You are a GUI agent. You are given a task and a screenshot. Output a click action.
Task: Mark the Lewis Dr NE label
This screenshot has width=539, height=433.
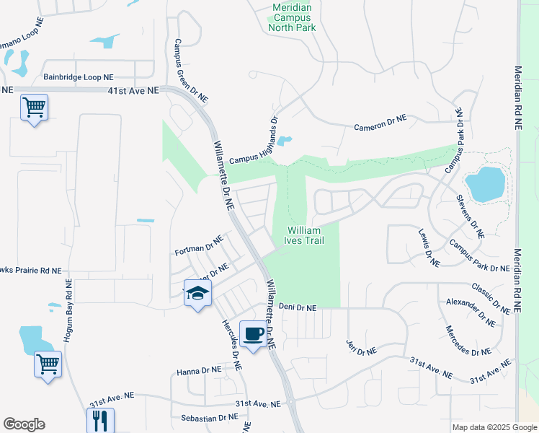(x=429, y=248)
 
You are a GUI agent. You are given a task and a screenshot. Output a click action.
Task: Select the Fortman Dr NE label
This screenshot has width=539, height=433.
(x=199, y=247)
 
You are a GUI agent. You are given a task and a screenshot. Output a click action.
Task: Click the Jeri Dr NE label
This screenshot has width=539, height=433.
(x=361, y=346)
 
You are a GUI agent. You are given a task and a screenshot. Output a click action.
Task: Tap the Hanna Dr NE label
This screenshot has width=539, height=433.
(x=198, y=371)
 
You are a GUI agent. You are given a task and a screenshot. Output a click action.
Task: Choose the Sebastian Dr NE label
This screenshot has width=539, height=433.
(x=208, y=417)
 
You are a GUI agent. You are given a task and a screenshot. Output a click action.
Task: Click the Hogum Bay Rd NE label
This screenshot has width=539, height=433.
(x=69, y=310)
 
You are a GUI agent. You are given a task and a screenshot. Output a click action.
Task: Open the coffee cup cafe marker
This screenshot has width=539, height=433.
(x=253, y=334)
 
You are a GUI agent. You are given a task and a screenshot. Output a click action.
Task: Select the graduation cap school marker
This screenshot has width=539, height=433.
(x=197, y=293)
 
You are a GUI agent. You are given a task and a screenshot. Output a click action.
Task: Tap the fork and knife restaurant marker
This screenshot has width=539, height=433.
(x=100, y=420)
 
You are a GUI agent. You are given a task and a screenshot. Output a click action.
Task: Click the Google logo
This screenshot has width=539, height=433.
(x=24, y=424)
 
